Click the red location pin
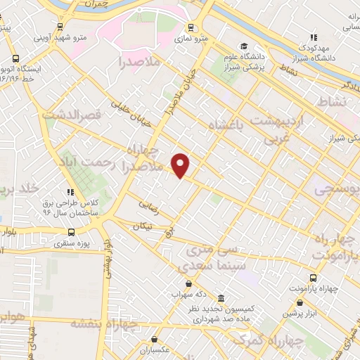coord(181,165)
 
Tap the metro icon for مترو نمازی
coord(191,28)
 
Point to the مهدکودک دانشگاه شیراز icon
coord(314,37)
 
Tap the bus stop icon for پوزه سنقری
coord(70,233)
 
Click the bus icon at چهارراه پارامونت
coord(314,278)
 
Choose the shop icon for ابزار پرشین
coord(300,303)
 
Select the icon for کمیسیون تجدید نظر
coord(221,298)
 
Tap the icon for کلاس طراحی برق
coord(70,191)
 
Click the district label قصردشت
coord(68,114)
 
